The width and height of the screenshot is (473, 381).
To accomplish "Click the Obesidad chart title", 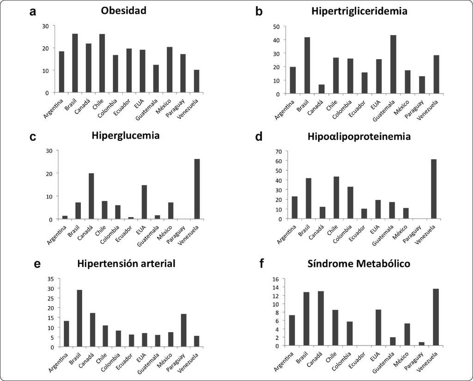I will (x=123, y=10).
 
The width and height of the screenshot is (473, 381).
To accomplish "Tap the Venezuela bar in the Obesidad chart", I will (x=196, y=81).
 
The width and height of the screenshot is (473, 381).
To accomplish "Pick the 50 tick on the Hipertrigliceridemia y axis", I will (x=277, y=27).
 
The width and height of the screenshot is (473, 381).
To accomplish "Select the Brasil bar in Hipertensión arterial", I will (x=80, y=318).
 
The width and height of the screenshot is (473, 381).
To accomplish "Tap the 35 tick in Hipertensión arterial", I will (x=51, y=278).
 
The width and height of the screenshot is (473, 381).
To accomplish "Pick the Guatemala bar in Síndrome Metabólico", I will (x=393, y=341).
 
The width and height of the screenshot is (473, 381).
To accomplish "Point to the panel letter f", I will (x=262, y=264).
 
